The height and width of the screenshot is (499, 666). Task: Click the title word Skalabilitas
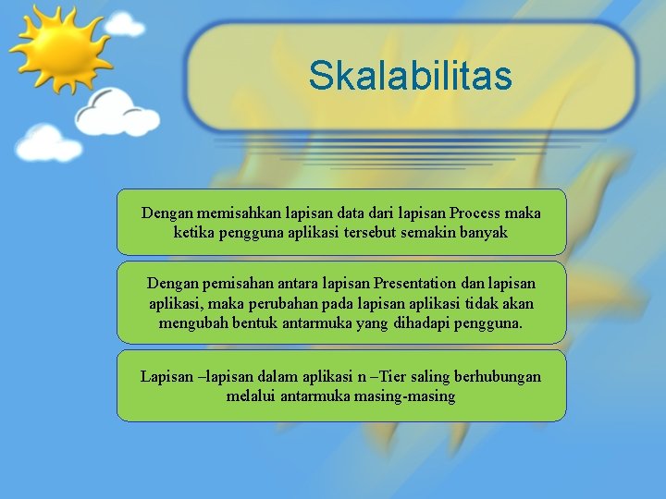tap(410, 76)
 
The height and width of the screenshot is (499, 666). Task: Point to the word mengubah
tap(189, 323)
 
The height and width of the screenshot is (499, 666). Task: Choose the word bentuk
tap(247, 323)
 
